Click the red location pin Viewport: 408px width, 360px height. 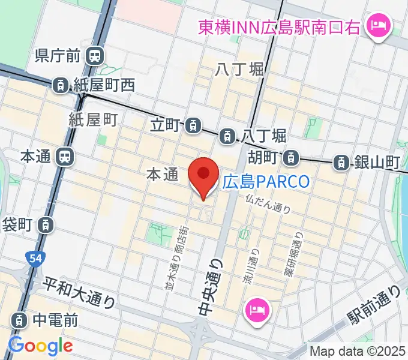[203, 176]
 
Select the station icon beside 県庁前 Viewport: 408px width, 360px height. [93, 56]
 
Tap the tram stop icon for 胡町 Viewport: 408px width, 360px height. [290, 158]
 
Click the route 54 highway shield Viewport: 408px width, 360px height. [35, 258]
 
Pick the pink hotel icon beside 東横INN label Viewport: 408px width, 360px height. [379, 26]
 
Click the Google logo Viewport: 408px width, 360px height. [40, 346]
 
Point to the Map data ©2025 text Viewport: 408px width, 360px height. [358, 351]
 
